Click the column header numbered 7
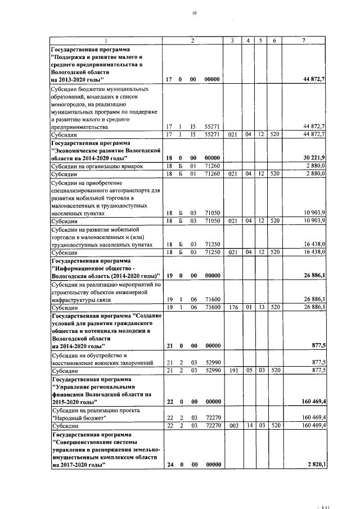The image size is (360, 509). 304,40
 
